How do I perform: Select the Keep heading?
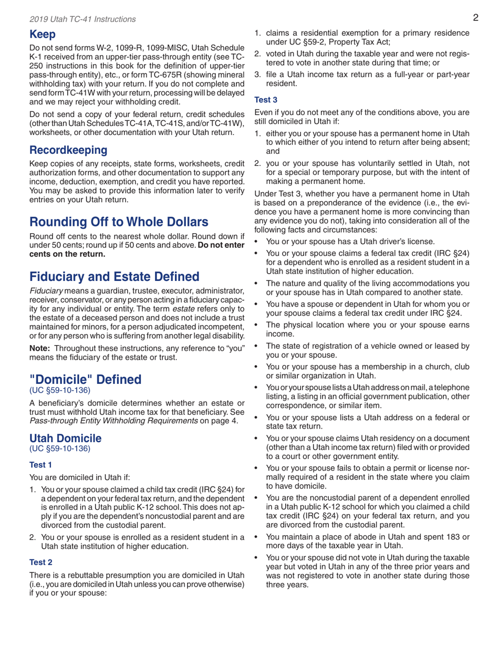coord(42,36)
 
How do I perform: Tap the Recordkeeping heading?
coord(68,150)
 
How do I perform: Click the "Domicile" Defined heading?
coord(85,379)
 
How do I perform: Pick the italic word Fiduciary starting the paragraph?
coord(47,290)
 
